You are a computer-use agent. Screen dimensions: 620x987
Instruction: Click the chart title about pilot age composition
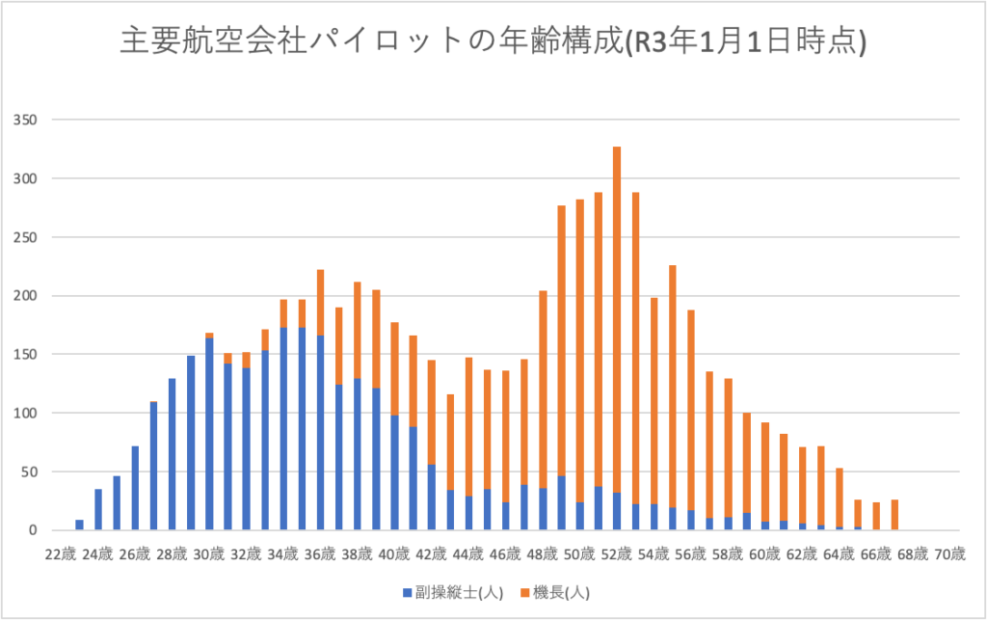click(x=493, y=42)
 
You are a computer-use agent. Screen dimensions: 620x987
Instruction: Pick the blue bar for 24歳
click(x=98, y=510)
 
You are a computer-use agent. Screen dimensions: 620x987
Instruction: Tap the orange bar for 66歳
click(x=876, y=516)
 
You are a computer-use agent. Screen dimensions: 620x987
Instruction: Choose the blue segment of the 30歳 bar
click(x=209, y=434)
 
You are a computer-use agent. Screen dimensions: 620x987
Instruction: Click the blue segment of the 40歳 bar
click(x=394, y=472)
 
